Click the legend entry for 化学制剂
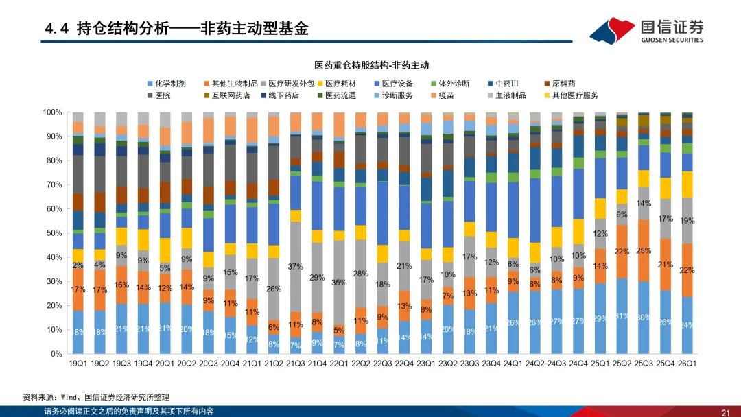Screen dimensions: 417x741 [169, 84]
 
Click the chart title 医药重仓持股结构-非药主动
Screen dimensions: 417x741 [371, 65]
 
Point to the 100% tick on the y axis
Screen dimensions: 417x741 [53, 112]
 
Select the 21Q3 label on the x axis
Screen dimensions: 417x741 [296, 364]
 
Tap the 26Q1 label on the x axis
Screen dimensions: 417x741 [687, 364]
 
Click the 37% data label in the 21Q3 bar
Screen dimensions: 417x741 [296, 266]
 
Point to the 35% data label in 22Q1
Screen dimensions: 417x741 [339, 282]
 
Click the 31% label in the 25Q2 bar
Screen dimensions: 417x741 [622, 315]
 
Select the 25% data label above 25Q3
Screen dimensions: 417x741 [644, 250]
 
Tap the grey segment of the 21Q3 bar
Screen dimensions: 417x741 [296, 274]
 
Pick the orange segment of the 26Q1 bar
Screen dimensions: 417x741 [687, 270]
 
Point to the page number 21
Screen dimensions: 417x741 [725, 412]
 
